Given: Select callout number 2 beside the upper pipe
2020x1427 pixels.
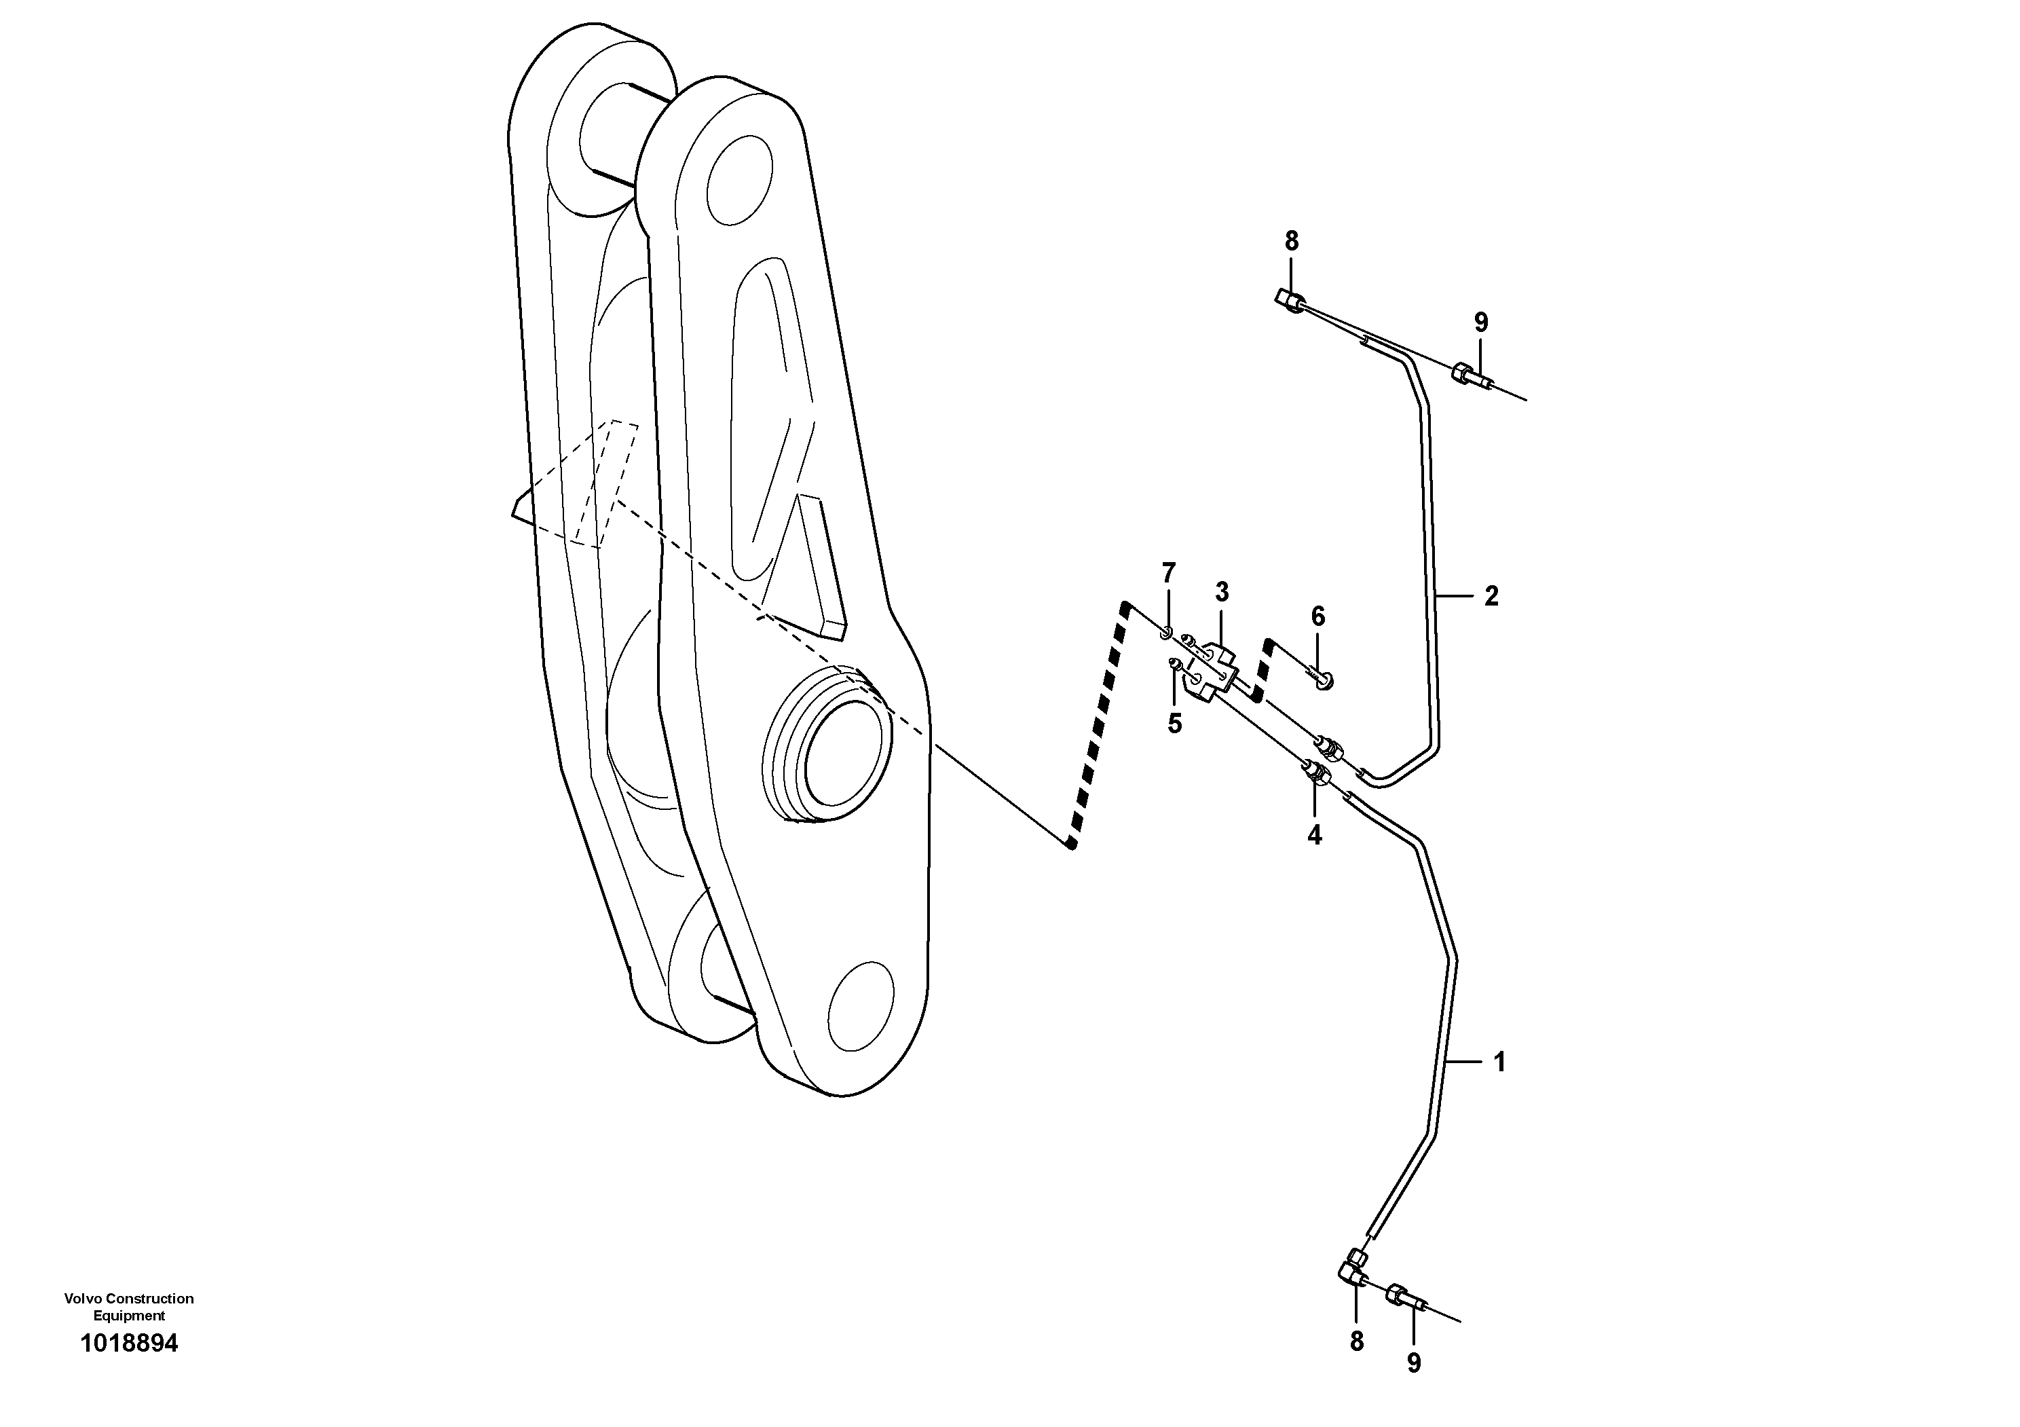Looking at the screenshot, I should (1491, 597).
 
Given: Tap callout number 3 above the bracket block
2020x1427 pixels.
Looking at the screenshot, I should (1222, 592).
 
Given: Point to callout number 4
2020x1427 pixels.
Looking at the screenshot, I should (1314, 835).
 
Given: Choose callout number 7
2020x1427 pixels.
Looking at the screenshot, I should (1168, 574).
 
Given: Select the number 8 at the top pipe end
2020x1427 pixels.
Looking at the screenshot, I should (1290, 240).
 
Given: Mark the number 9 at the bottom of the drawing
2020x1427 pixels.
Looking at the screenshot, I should (1414, 1363).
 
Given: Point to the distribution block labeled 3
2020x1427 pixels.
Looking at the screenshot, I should (1212, 673).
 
